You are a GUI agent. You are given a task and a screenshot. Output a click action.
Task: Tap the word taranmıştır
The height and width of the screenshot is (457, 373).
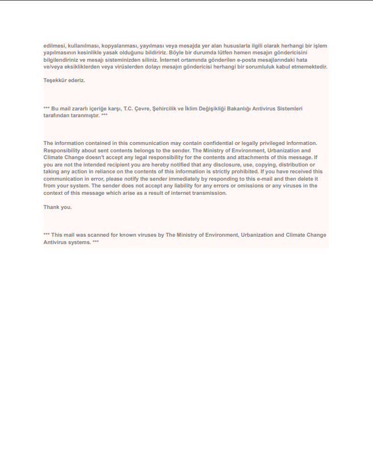[85, 115]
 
